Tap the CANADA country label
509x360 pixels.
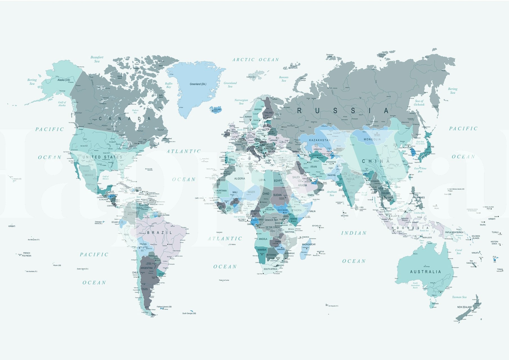tap(125, 119)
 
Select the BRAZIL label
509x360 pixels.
tap(160, 233)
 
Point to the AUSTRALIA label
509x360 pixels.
tap(425, 272)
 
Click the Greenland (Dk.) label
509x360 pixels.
tap(198, 84)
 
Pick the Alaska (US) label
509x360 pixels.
tap(64, 80)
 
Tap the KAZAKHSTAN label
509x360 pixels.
tap(320, 140)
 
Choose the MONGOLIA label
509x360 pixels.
tap(372, 139)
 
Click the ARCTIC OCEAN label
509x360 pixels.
tap(255, 60)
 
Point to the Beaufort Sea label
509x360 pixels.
tap(97, 59)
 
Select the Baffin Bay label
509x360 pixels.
tap(169, 85)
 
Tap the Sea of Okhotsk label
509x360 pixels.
tap(419, 103)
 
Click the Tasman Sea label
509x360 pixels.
tap(459, 297)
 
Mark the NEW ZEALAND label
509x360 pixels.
tap(465, 307)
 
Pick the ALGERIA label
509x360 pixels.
tap(240, 179)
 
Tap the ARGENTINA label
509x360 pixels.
tap(146, 268)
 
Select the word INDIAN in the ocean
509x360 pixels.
tap(354, 233)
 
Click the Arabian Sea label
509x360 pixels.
tap(332, 193)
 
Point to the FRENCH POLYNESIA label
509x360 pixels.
tap(27, 254)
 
